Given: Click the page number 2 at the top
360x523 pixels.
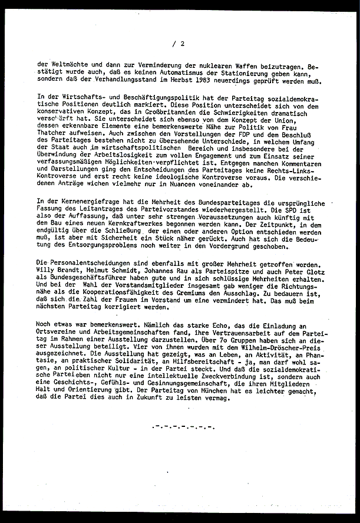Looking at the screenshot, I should click(x=183, y=43).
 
